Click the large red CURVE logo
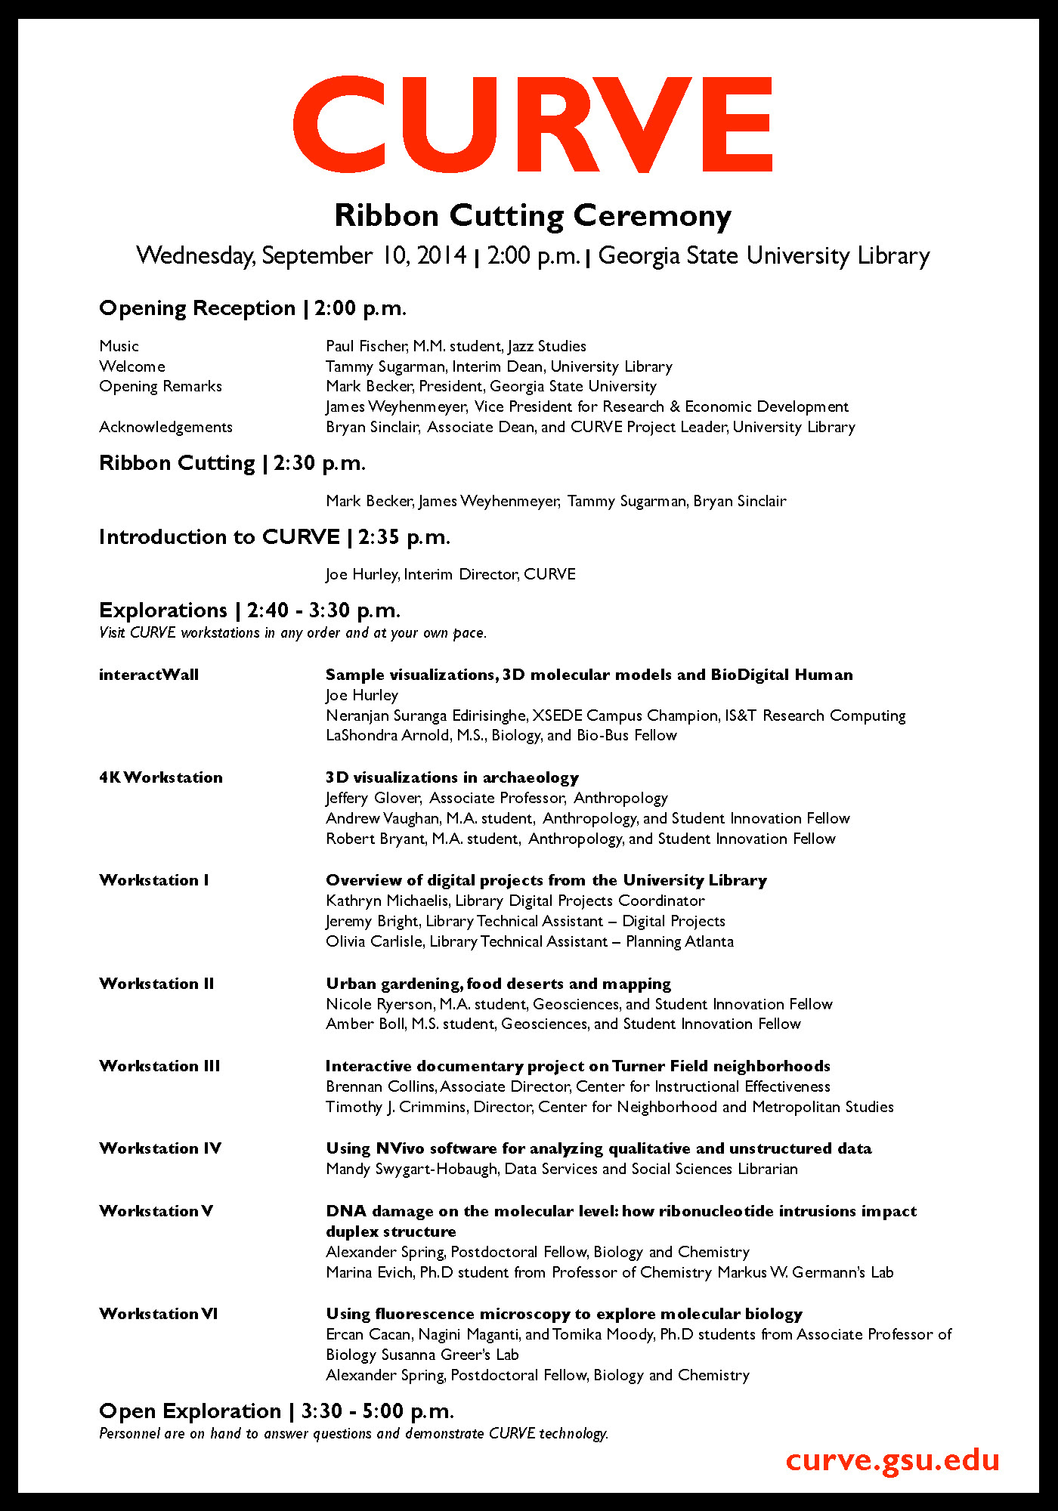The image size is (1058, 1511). tap(533, 125)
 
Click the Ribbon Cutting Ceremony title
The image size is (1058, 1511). tap(533, 216)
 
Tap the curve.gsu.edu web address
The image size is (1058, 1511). tap(892, 1460)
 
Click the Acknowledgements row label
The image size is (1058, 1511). tap(166, 427)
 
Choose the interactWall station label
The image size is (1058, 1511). tap(149, 675)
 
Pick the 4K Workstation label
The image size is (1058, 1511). tap(161, 777)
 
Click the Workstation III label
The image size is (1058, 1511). tap(159, 1066)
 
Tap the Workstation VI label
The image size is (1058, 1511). tap(159, 1314)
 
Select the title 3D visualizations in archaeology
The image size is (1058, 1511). tap(452, 777)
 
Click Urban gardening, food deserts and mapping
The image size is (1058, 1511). tap(498, 984)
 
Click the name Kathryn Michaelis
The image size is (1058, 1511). tap(387, 901)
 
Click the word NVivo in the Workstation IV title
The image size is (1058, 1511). tap(400, 1148)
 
